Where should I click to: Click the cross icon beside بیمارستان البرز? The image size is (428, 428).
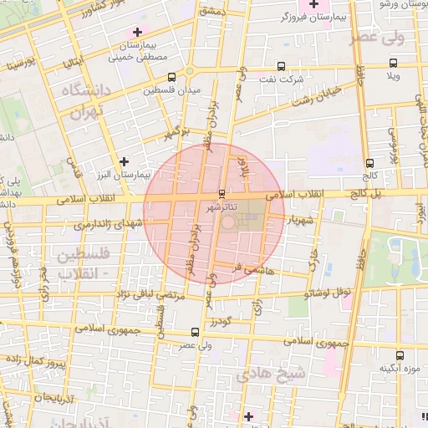[x=125, y=160]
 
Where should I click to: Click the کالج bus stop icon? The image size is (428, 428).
[x=369, y=163]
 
